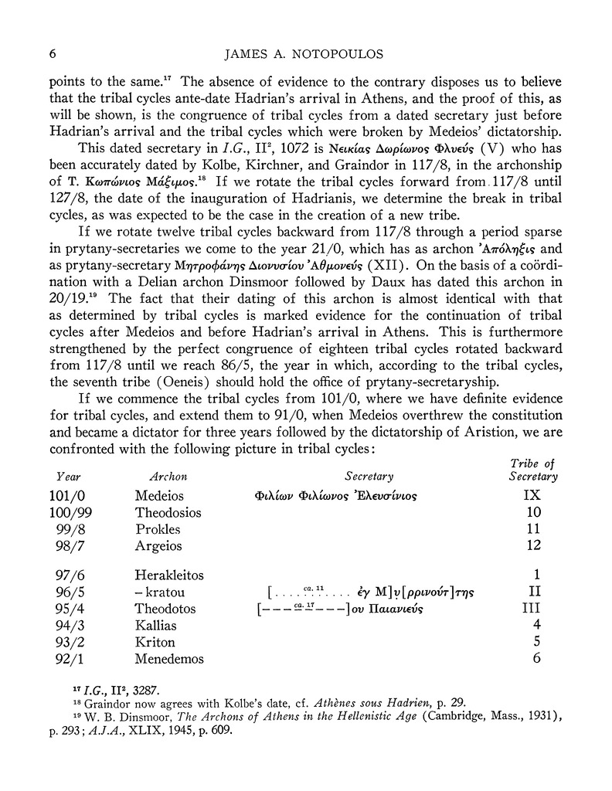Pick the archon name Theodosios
[168, 513]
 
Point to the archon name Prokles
[158, 530]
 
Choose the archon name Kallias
[156, 625]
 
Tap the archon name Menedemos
[169, 659]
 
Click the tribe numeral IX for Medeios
[532, 495]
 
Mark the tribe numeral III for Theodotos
[532, 609]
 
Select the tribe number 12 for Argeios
[532, 546]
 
